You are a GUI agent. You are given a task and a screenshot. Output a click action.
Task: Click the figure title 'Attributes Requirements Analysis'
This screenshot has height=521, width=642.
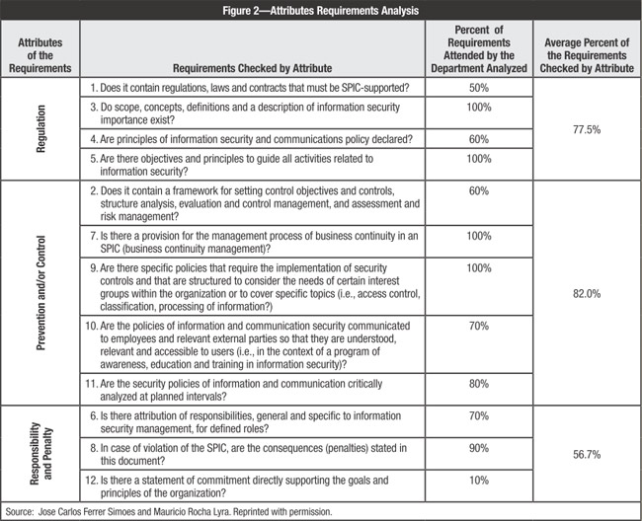pos(322,11)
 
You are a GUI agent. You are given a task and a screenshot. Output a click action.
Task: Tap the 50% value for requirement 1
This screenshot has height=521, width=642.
pos(478,88)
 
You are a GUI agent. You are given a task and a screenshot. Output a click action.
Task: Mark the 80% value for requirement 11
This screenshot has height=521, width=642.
pos(478,388)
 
